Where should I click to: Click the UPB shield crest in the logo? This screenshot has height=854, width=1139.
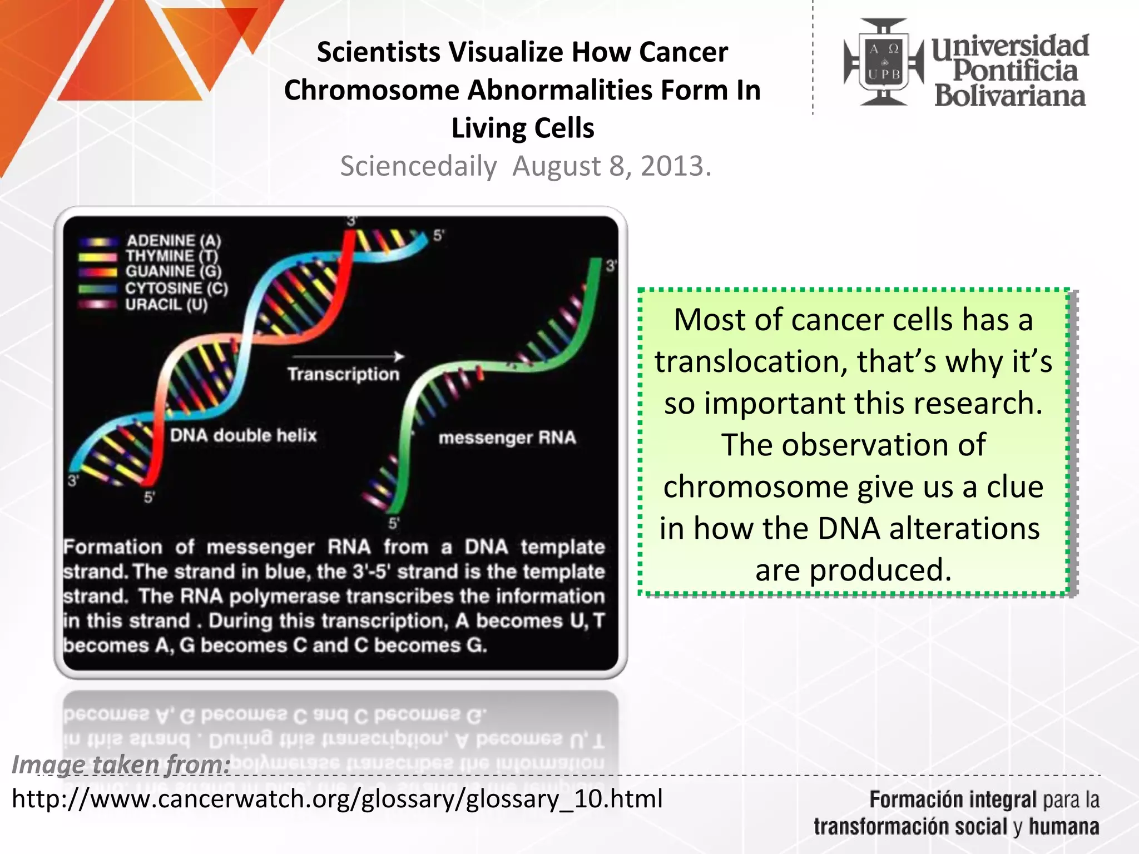884,62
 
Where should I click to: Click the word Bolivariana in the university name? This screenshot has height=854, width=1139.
1009,96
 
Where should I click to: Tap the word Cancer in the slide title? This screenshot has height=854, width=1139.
684,52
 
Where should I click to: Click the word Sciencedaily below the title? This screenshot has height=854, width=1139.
418,166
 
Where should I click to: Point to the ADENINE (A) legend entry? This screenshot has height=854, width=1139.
173,241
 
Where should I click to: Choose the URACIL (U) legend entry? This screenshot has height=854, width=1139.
166,305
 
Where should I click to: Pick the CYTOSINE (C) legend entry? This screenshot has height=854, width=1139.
176,288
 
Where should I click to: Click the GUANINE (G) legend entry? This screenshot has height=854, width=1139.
173,271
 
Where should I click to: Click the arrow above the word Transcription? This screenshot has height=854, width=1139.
348,356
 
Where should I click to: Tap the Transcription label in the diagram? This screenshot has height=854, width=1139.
343,374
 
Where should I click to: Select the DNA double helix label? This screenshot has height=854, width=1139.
243,435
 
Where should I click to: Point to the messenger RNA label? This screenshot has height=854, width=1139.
507,438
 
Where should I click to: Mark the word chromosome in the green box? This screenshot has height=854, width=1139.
755,487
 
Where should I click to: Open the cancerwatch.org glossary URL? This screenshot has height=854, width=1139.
337,799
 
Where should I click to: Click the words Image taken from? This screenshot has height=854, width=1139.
121,764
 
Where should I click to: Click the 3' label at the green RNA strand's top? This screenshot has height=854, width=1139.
611,266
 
